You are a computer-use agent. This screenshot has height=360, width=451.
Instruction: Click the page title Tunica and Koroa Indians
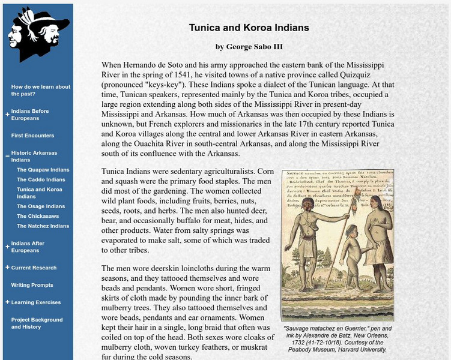[249, 28]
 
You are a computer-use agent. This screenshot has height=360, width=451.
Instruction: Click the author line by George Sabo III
[249, 47]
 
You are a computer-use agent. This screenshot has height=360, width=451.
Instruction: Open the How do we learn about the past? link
[40, 90]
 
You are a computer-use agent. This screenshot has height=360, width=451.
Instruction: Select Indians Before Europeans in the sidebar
[30, 115]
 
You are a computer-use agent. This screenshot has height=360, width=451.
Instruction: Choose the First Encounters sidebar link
[32, 136]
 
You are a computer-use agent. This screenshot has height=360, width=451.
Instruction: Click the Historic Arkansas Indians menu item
[34, 157]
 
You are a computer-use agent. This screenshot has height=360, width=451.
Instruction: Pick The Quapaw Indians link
[43, 170]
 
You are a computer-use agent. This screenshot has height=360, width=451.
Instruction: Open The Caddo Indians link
[41, 179]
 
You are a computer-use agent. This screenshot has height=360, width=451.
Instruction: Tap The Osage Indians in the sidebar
[41, 206]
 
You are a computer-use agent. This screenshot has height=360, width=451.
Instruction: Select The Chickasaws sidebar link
[39, 216]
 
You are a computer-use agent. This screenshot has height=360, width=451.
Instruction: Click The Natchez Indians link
[43, 226]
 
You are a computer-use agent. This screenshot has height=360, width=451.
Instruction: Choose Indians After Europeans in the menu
[28, 247]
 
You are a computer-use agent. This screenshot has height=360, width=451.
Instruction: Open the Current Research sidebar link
[34, 268]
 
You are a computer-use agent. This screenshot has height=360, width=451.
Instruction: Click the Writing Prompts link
[32, 285]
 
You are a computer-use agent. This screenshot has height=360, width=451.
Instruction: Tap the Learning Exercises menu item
[35, 302]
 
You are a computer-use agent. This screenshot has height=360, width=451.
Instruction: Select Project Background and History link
[37, 323]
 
